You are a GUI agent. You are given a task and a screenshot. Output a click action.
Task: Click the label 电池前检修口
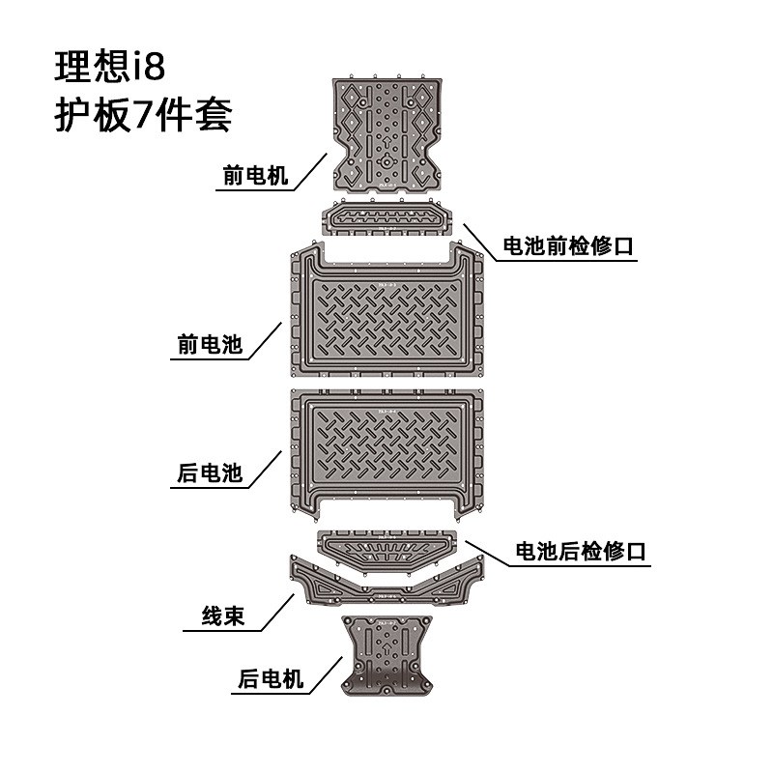click(x=568, y=245)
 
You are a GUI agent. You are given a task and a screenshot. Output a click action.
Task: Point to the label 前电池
click(x=210, y=344)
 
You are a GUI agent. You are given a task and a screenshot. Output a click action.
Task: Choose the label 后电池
click(x=210, y=473)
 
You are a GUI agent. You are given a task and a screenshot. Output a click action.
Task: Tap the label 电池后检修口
click(x=580, y=552)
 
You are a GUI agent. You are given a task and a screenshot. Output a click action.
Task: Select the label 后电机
click(x=271, y=680)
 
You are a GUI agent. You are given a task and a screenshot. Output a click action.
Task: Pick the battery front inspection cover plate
click(x=387, y=218)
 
